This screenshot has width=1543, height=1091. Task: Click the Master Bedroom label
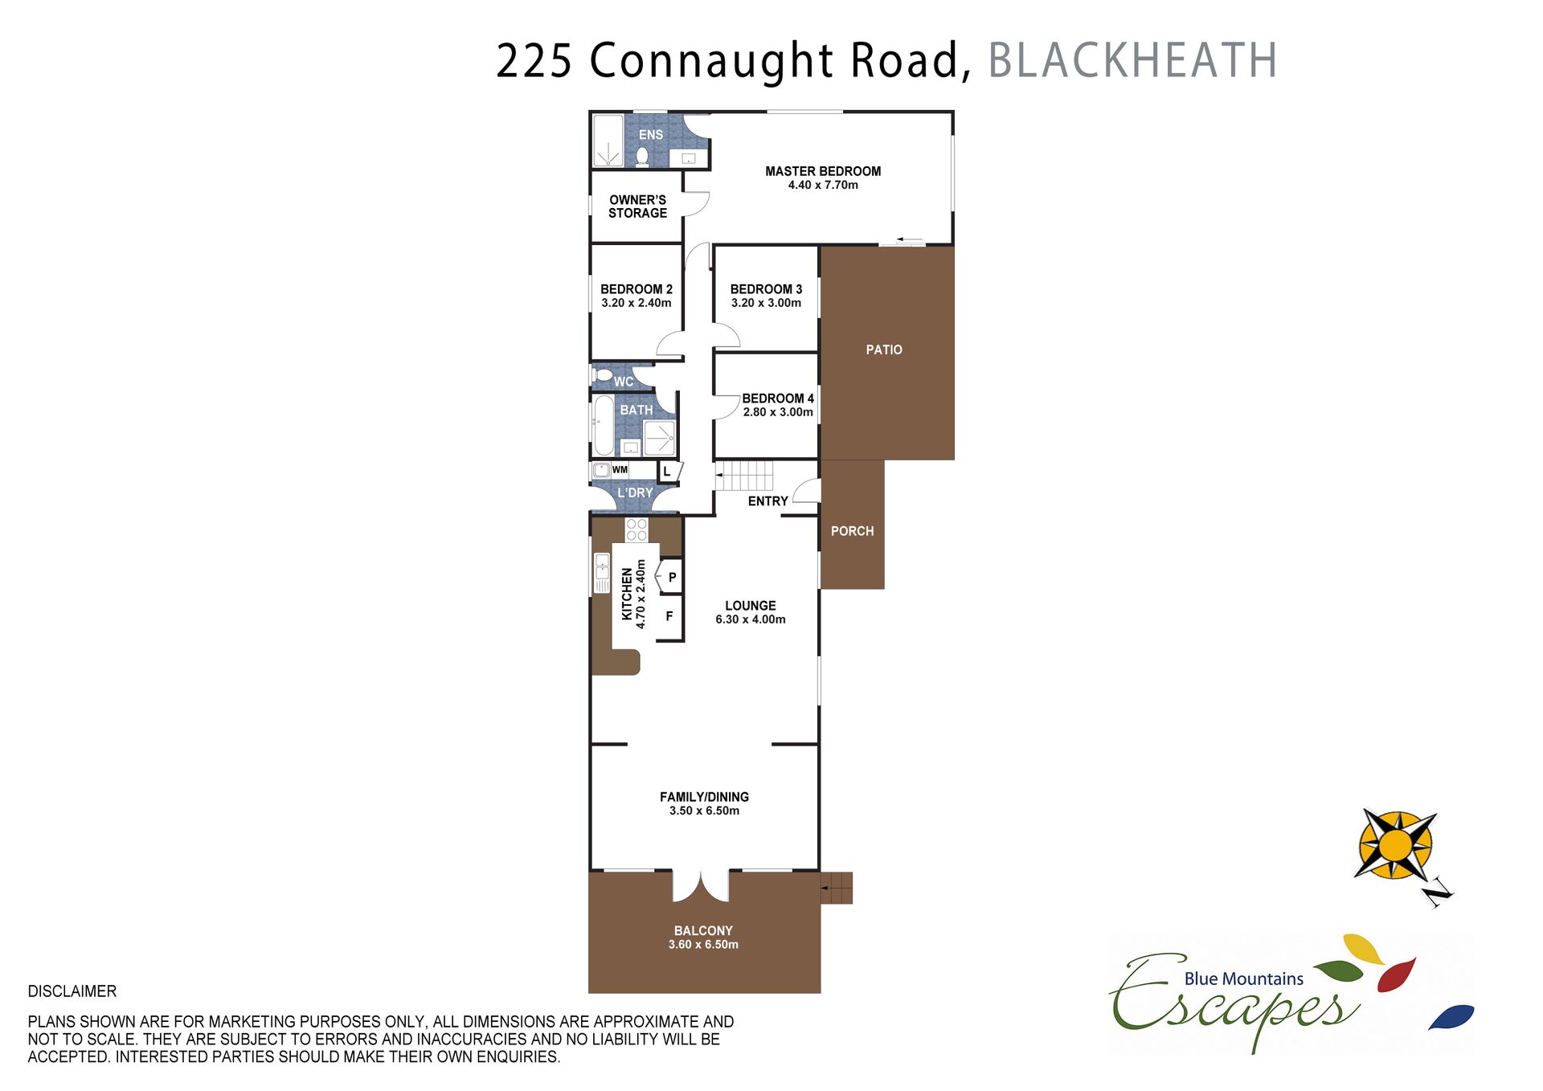823,171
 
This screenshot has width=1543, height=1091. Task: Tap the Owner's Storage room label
637,206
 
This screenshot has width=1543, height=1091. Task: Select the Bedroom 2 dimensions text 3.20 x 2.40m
636,303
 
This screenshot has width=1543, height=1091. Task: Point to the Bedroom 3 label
766,289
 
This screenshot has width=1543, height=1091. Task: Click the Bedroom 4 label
778,398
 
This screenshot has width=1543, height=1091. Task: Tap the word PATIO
884,349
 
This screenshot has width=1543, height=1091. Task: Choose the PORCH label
852,531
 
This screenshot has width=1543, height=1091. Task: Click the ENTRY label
767,501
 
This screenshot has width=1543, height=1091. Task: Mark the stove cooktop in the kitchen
636,529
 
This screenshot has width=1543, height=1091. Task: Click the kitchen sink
602,573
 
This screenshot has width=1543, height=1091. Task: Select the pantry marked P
669,577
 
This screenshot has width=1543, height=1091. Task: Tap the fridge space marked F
669,617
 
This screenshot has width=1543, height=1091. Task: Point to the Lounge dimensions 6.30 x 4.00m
751,619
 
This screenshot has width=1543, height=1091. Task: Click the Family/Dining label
704,797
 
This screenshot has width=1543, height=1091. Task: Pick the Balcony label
703,931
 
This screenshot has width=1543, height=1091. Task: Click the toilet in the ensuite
642,156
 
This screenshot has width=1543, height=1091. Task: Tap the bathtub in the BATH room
603,425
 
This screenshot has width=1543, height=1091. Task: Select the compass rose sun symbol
1397,845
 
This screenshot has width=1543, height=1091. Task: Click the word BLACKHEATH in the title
1132,60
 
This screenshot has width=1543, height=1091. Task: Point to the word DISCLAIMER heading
72,991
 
